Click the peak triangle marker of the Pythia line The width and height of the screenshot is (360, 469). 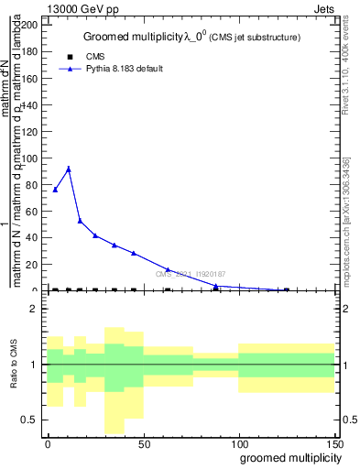pyautogui.click(x=69, y=169)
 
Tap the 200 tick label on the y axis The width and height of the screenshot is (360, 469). pyautogui.click(x=28, y=25)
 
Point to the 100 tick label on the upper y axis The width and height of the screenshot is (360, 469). pyautogui.click(x=28, y=158)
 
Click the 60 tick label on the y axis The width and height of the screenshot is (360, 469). pyautogui.click(x=31, y=212)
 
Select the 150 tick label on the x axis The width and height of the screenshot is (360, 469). pyautogui.click(x=334, y=442)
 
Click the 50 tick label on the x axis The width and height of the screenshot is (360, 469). pyautogui.click(x=143, y=442)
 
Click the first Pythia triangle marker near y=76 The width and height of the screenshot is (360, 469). pyautogui.click(x=56, y=190)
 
